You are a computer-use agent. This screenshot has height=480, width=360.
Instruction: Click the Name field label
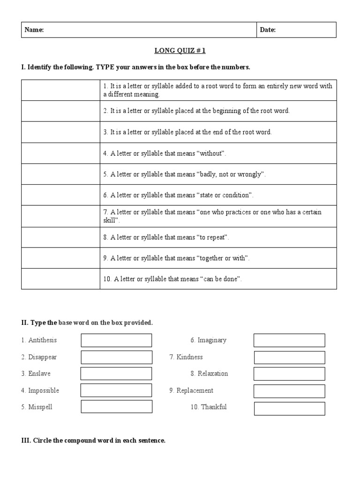tap(34, 30)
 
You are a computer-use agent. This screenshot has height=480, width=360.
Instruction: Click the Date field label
tap(268, 30)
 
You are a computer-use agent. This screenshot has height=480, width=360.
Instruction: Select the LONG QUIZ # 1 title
tap(180, 51)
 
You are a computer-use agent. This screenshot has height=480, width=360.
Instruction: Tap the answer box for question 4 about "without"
tap(60, 153)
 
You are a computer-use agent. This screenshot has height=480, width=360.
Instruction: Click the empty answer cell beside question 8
tap(60, 237)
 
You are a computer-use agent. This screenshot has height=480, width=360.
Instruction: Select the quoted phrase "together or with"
tap(224, 258)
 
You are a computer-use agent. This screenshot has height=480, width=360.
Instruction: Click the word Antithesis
tap(42, 340)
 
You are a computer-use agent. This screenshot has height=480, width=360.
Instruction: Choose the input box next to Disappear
tap(116, 357)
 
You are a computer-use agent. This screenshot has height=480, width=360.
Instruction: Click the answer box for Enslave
tap(116, 374)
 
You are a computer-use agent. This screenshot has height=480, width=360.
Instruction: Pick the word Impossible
tap(44, 390)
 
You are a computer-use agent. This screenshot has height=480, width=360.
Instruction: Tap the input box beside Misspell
tap(116, 406)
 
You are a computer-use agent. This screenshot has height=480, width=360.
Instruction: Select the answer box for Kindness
tap(289, 358)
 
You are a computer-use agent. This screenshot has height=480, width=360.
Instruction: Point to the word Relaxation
tap(213, 374)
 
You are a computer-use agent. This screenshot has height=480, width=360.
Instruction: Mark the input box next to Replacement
tap(289, 391)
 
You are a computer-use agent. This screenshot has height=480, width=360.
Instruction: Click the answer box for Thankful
tap(289, 408)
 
